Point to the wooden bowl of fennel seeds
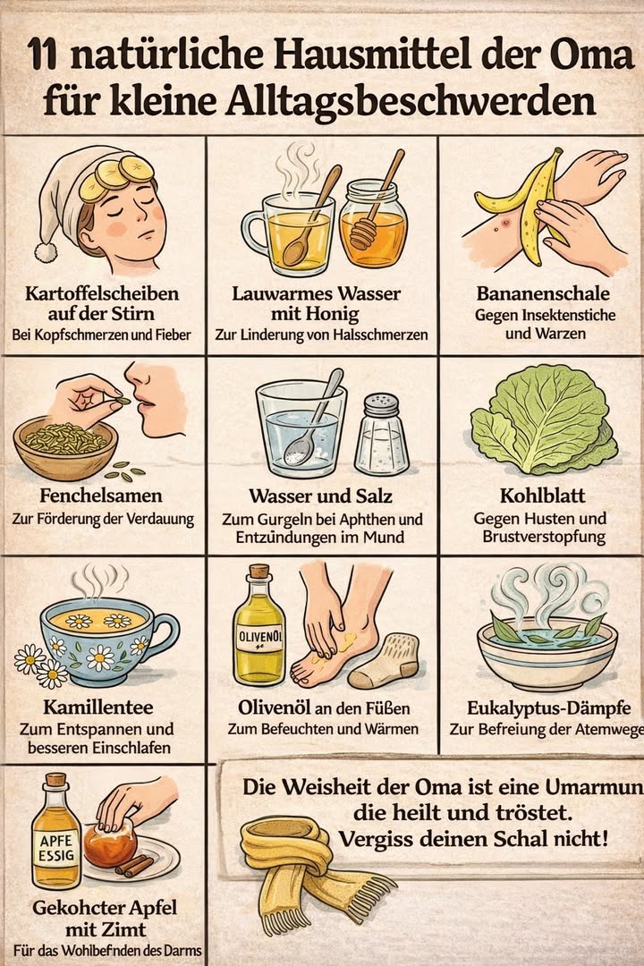click(65, 447)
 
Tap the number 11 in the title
click(45, 59)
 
